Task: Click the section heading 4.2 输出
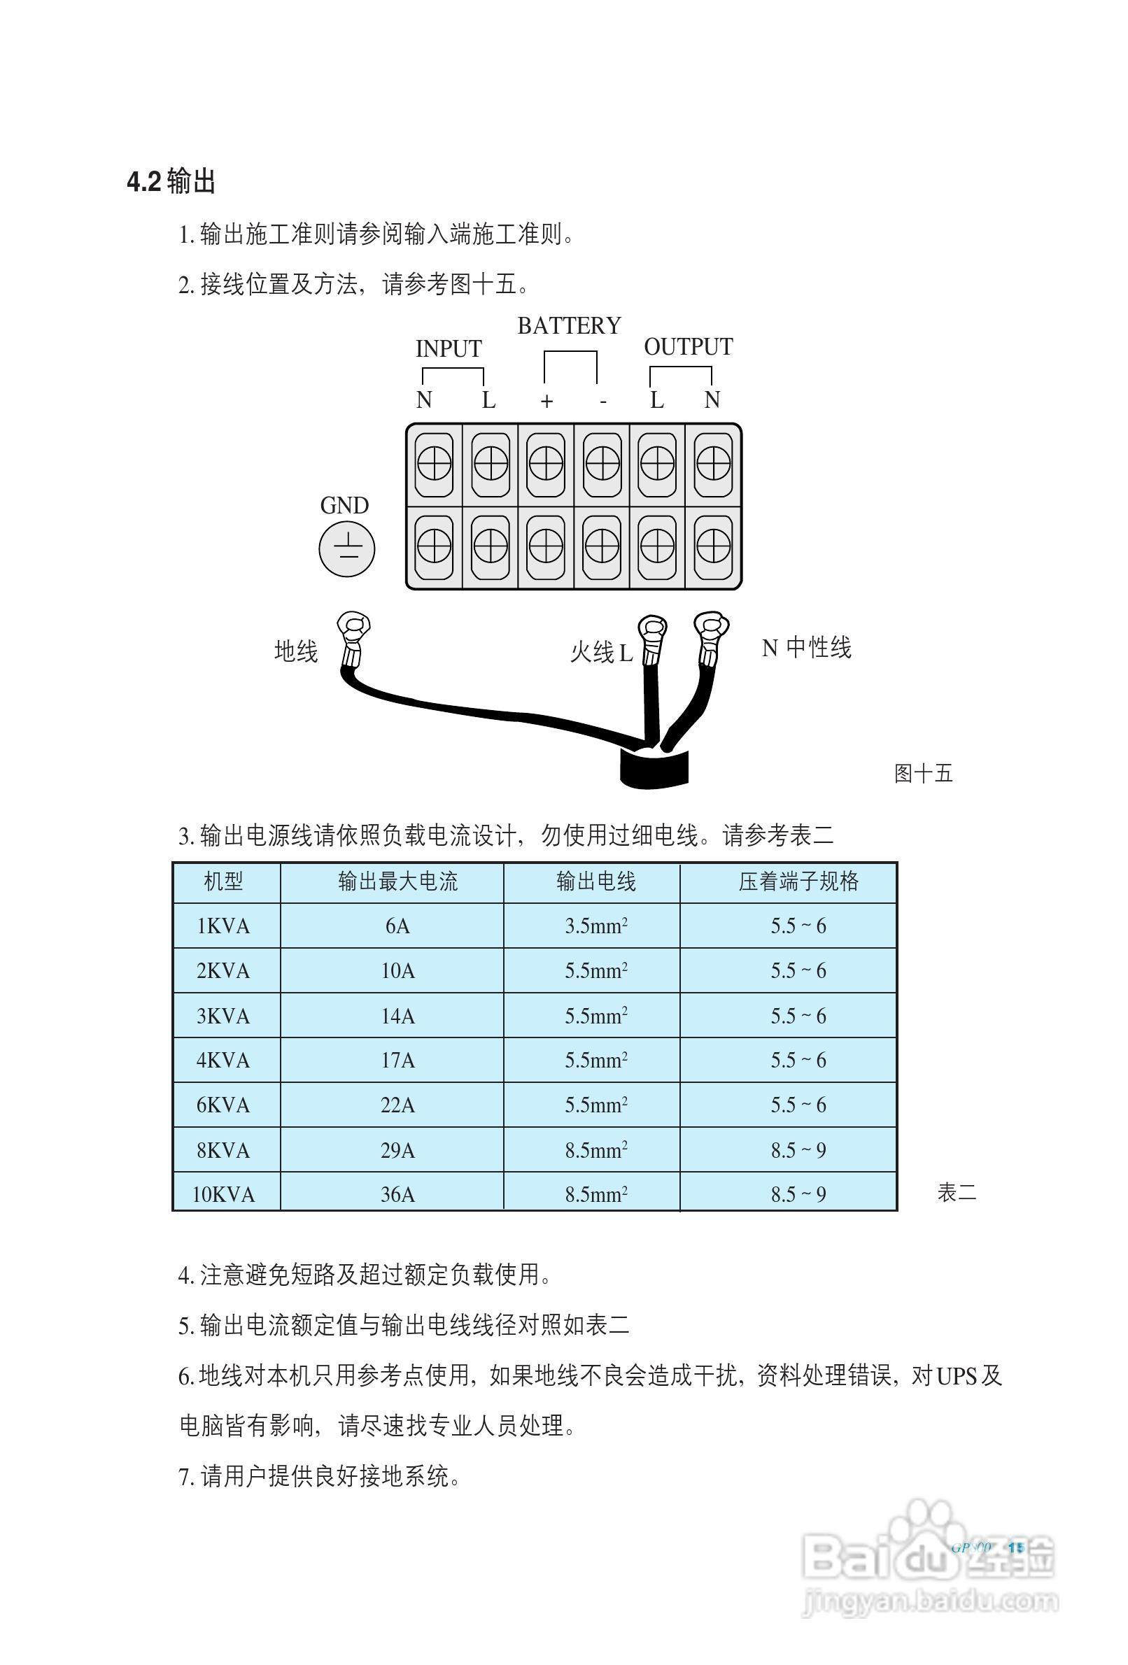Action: coord(171,181)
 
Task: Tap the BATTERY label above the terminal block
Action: coord(568,326)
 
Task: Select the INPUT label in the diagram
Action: coord(449,349)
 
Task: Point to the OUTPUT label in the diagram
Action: coord(687,347)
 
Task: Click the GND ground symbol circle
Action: coord(347,548)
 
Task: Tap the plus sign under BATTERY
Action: coord(546,401)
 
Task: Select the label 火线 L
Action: coord(600,652)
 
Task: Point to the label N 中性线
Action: coord(805,648)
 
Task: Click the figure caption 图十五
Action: coord(923,773)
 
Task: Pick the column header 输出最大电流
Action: coord(397,881)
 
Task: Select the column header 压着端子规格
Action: coord(798,881)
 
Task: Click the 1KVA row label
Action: coord(223,926)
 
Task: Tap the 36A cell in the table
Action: coord(397,1194)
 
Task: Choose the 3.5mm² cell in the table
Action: coord(595,926)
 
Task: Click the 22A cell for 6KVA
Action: coord(397,1105)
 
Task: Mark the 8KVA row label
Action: coord(223,1150)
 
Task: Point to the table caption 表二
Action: coord(956,1192)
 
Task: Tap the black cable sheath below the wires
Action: coord(653,769)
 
